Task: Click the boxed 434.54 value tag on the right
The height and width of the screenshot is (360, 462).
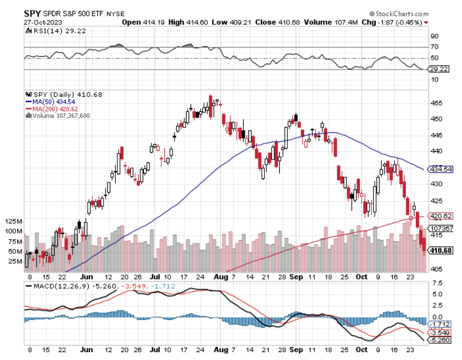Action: coord(441,169)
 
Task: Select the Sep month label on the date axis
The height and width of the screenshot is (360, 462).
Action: coord(297,277)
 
